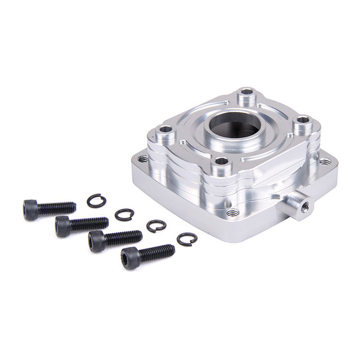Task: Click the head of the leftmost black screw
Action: click(x=30, y=210)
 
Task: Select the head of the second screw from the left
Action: click(x=63, y=226)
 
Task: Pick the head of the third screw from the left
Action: click(x=96, y=241)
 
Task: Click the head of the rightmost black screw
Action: click(x=130, y=258)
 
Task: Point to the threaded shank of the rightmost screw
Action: click(x=156, y=252)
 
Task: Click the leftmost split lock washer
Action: click(x=96, y=201)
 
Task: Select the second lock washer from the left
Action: click(x=124, y=214)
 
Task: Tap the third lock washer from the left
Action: click(x=156, y=226)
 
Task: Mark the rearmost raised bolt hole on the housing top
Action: click(x=247, y=95)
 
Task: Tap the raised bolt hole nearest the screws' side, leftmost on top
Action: click(x=166, y=130)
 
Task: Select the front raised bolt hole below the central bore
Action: click(x=221, y=163)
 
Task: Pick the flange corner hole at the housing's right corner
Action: click(x=325, y=161)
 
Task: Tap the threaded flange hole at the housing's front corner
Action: click(x=233, y=212)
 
